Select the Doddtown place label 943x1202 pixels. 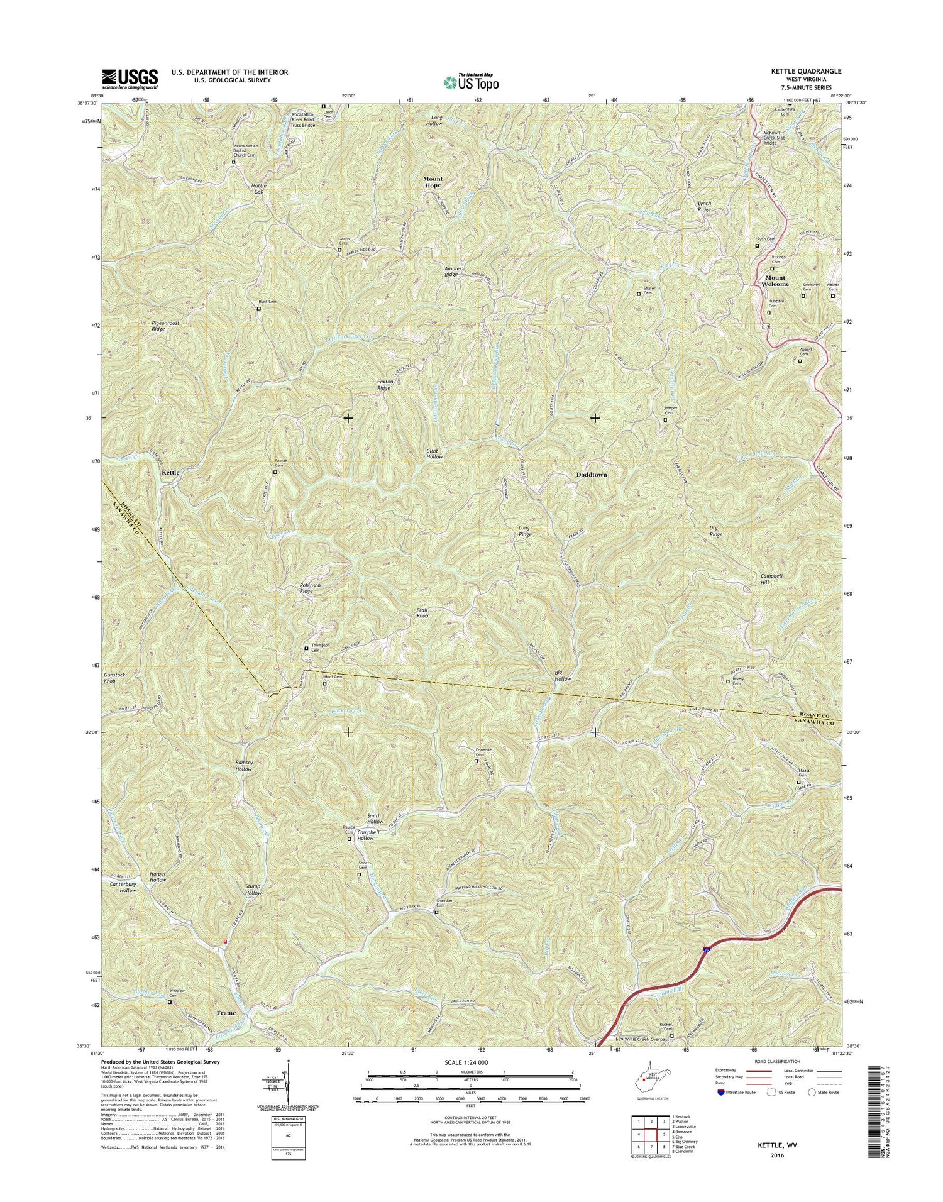pos(592,475)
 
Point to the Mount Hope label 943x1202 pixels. pos(433,182)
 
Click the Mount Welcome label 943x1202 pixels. pos(775,281)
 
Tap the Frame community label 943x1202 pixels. pos(226,1013)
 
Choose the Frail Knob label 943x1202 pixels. pos(422,613)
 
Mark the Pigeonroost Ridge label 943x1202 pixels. pos(165,326)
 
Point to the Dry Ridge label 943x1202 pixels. pos(716,531)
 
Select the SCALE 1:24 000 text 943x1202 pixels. pos(471,1062)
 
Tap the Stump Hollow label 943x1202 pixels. pos(253,890)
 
